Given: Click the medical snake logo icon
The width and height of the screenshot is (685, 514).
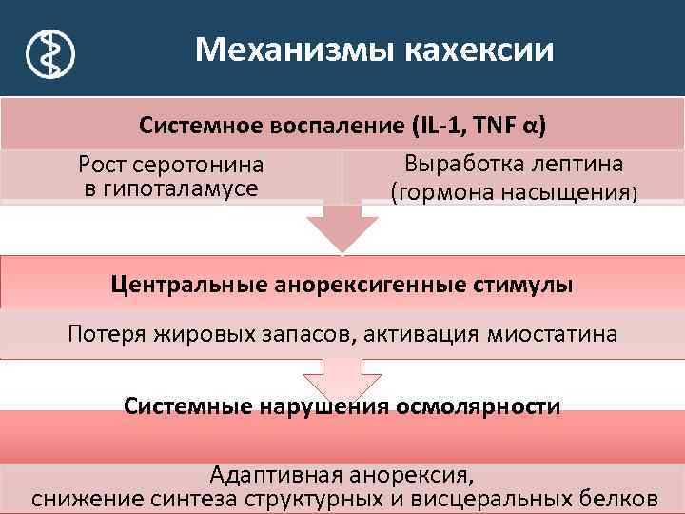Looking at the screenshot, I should (46, 52).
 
